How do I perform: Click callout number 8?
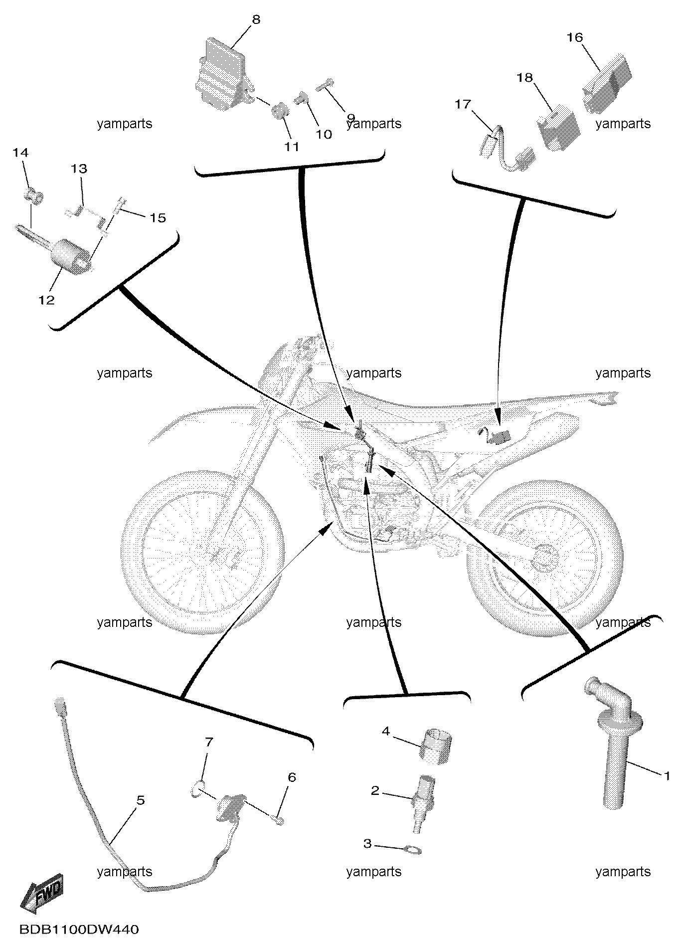pyautogui.click(x=256, y=20)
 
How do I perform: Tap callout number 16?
pyautogui.click(x=575, y=37)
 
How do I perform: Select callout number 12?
pyautogui.click(x=46, y=300)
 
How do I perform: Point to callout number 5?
pyautogui.click(x=141, y=800)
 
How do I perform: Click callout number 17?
pyautogui.click(x=463, y=104)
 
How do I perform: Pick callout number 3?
pyautogui.click(x=367, y=844)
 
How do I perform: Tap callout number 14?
pyautogui.click(x=20, y=153)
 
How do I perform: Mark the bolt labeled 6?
pyautogui.click(x=279, y=820)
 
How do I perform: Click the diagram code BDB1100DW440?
pyautogui.click(x=79, y=930)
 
